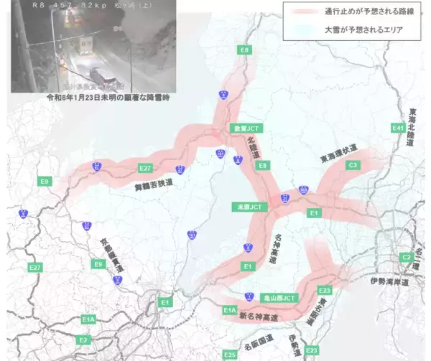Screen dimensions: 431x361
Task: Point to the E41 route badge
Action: [x=398, y=128]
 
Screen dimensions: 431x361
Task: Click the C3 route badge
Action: [x=352, y=165]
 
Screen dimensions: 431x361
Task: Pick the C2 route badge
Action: [x=407, y=256]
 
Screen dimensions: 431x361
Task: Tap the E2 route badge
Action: [x=84, y=339]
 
